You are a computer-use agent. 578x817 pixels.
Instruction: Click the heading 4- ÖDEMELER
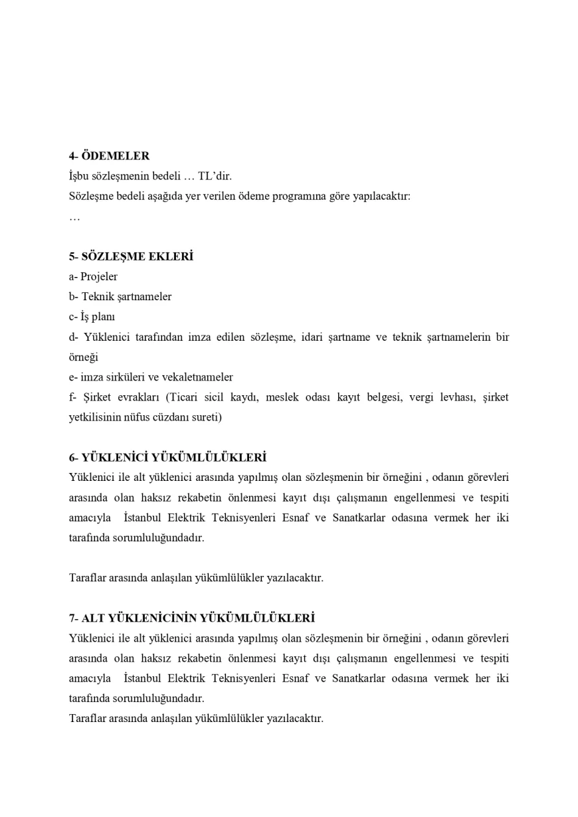[x=109, y=156]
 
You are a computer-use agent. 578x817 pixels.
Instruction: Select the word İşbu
[x=79, y=177]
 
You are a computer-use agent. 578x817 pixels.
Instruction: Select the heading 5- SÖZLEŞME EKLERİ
[x=131, y=257]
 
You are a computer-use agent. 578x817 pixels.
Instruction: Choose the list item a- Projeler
[x=93, y=277]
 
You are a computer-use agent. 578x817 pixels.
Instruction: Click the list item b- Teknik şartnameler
[x=120, y=297]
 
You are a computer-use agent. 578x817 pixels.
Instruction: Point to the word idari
[x=314, y=337]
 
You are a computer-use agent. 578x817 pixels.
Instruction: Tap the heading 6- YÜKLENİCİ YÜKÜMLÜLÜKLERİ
[x=167, y=458]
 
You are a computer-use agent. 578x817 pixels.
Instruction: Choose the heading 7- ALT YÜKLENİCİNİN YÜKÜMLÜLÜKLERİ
[x=191, y=618]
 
